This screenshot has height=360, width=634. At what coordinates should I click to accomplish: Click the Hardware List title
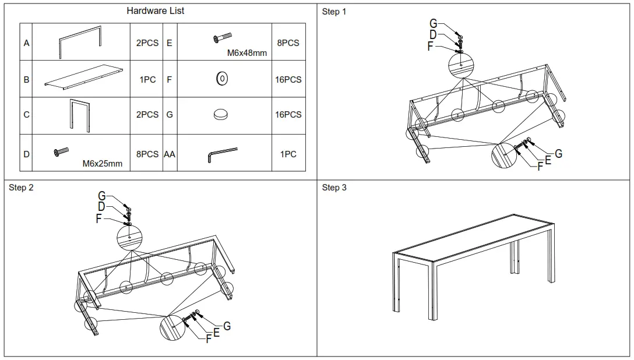156,11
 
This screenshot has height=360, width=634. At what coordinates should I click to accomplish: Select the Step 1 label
334,12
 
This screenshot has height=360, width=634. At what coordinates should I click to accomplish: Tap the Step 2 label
21,188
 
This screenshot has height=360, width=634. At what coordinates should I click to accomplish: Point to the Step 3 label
334,188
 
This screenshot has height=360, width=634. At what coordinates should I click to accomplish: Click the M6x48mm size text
247,53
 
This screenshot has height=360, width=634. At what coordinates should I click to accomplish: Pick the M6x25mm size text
103,164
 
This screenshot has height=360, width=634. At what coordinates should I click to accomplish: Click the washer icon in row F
222,79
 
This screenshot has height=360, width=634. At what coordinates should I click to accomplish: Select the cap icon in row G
221,115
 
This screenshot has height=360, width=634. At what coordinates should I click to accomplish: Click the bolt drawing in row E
222,38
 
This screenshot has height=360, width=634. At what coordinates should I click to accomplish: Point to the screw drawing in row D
61,152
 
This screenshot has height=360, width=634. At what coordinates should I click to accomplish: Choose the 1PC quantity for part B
147,79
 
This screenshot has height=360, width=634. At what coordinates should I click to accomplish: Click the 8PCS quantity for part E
288,43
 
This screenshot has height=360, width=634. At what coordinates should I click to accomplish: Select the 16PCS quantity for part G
288,115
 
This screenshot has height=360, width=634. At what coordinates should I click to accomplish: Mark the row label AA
169,154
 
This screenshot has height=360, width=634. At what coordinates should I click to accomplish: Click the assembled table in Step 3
473,265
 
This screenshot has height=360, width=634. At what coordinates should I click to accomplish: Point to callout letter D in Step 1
433,35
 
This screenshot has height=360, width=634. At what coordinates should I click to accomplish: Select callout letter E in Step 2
216,332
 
